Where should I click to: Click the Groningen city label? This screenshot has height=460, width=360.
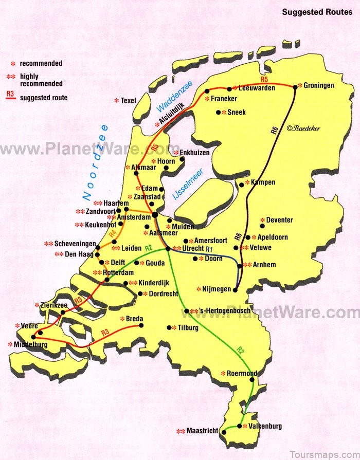pos(319,85)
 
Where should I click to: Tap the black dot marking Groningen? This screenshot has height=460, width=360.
pos(295,87)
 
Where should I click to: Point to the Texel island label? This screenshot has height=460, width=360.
pos(128,101)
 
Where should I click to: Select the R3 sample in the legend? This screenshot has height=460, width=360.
pos(10,96)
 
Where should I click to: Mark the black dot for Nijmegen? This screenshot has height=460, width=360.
pos(235,290)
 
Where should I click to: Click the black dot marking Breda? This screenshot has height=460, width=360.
pos(141,325)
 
